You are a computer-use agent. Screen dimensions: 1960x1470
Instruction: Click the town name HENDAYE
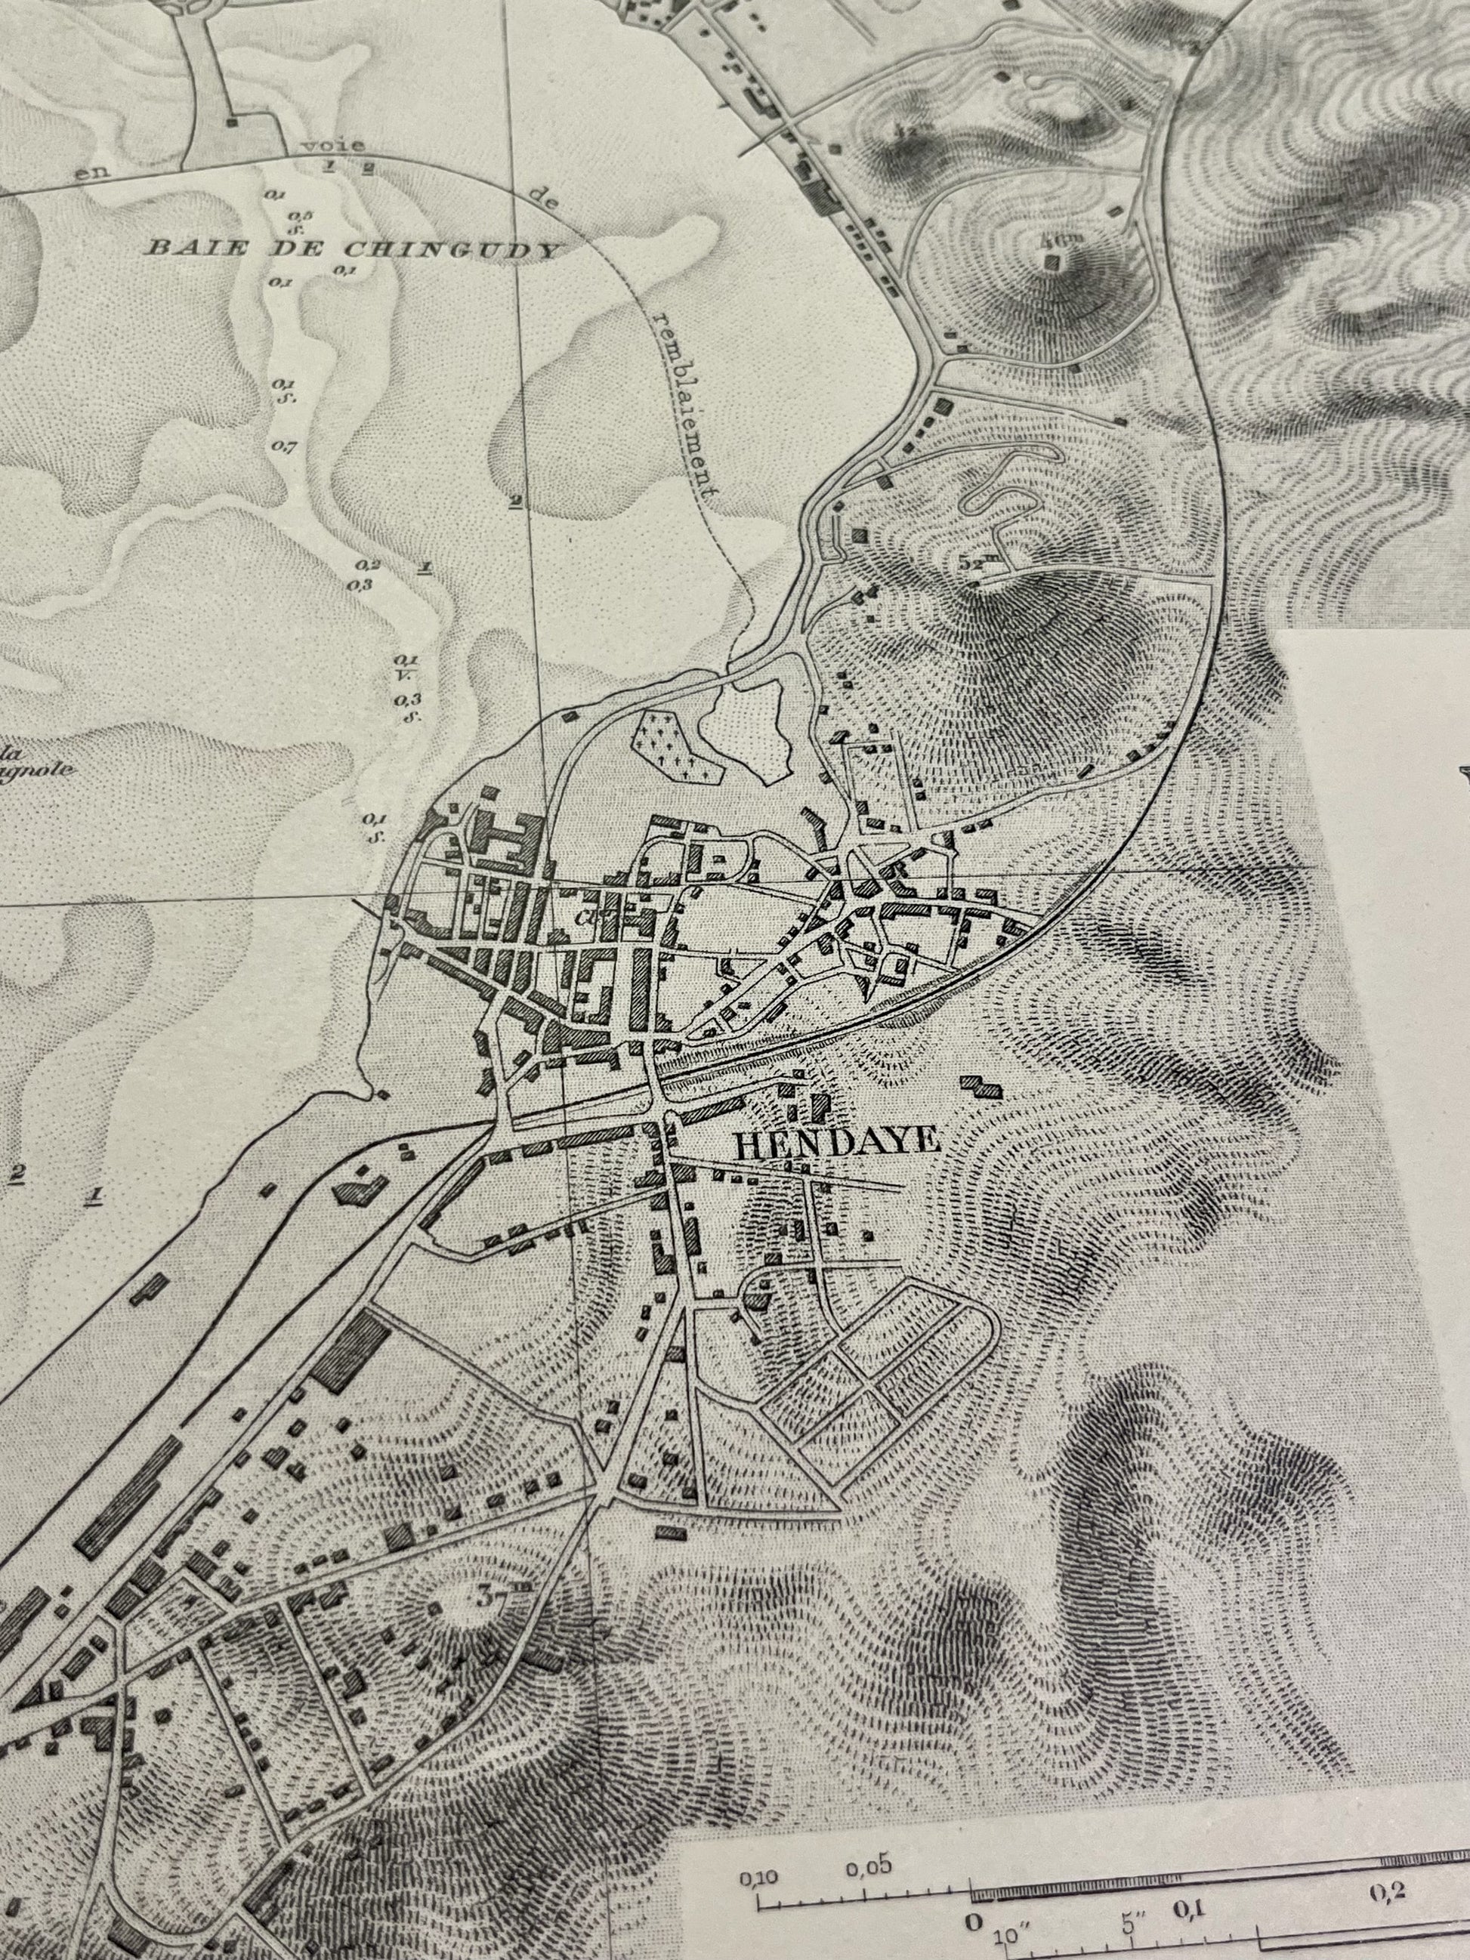837,1142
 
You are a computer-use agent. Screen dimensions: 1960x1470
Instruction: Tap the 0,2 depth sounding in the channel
368,565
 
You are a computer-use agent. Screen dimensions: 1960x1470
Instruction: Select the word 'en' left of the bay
91,173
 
